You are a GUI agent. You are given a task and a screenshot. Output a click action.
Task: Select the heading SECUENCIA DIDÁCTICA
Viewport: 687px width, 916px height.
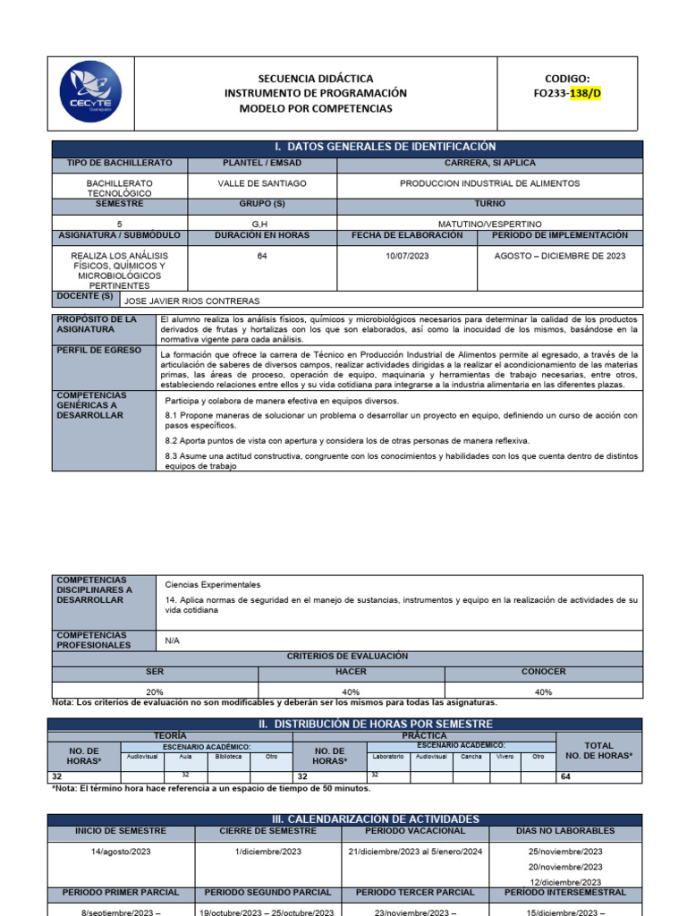pos(316,79)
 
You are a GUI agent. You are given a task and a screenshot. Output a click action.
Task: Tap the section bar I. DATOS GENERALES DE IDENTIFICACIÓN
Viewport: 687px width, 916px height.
pos(347,147)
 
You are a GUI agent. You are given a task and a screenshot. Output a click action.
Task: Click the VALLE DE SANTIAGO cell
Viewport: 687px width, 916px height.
pos(261,183)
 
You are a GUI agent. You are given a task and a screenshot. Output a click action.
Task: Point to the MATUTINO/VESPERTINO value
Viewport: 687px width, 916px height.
pos(489,224)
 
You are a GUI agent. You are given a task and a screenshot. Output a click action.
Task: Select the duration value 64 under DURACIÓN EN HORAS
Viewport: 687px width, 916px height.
pos(261,256)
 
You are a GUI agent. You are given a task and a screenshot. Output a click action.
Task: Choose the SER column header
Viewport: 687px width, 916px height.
pos(155,672)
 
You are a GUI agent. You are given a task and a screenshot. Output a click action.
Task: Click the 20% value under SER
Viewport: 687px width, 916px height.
pos(155,691)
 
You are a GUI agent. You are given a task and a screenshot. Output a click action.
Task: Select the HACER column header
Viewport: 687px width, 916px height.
pos(351,672)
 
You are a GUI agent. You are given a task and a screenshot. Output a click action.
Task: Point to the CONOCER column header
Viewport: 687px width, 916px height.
pos(543,672)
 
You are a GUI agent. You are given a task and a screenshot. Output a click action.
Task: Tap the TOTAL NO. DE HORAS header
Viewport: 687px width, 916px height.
pos(598,751)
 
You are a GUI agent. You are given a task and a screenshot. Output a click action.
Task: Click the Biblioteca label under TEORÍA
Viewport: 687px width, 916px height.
pos(227,757)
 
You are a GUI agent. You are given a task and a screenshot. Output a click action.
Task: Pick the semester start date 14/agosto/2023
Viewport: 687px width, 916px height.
pos(120,852)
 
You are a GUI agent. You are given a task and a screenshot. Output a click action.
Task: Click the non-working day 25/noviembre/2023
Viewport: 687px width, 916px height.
pos(565,852)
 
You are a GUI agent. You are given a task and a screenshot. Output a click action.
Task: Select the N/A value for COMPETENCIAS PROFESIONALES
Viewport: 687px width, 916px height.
pos(173,640)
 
